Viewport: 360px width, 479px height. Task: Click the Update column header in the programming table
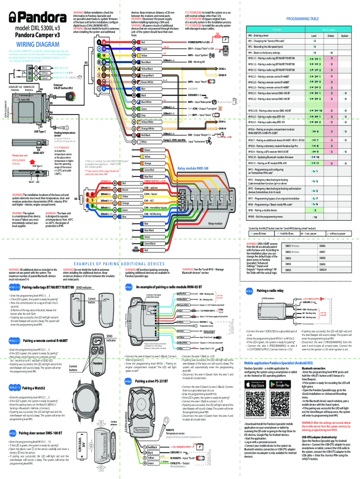[x=345, y=36]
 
